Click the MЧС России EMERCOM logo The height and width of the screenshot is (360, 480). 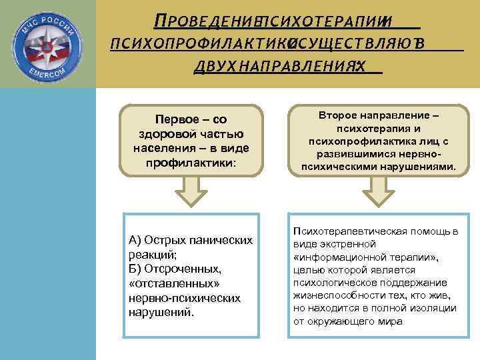[x=48, y=43]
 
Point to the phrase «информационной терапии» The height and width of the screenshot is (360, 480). [x=364, y=257]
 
